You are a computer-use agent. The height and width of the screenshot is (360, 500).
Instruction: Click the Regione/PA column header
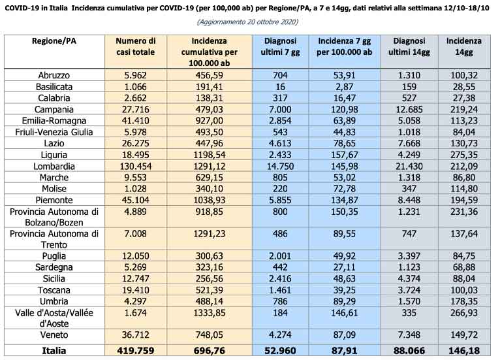54,41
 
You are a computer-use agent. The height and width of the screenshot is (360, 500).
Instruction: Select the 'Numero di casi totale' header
136,46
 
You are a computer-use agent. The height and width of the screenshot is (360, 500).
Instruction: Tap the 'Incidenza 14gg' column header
463,46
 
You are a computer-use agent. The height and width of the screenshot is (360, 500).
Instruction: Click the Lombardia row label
54,166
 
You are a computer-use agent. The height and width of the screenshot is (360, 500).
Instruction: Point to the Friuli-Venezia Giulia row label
54,132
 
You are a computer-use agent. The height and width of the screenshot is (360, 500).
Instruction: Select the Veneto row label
54,335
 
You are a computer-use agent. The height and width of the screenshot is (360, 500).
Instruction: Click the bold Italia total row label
54,351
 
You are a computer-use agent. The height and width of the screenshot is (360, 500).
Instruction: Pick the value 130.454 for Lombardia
136,166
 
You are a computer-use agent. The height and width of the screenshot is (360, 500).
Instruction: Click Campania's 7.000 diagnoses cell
280,110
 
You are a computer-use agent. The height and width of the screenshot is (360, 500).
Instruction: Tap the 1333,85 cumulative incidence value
209,313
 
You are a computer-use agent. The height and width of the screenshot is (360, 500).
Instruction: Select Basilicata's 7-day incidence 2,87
344,87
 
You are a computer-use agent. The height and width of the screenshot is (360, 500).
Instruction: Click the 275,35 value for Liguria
463,155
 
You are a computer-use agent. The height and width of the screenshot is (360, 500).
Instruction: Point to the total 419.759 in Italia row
136,351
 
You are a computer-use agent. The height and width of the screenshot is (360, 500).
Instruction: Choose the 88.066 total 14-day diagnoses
409,351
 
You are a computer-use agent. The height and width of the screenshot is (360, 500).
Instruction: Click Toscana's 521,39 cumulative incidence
209,290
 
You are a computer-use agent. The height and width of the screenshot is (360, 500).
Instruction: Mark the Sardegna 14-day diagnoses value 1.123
409,267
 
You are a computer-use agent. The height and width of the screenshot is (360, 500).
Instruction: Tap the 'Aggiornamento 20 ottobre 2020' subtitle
248,22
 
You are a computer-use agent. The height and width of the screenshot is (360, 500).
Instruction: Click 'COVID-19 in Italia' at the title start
36,8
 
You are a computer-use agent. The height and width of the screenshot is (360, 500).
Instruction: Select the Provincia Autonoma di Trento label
54,239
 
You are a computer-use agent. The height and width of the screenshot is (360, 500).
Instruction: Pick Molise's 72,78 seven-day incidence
344,189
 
